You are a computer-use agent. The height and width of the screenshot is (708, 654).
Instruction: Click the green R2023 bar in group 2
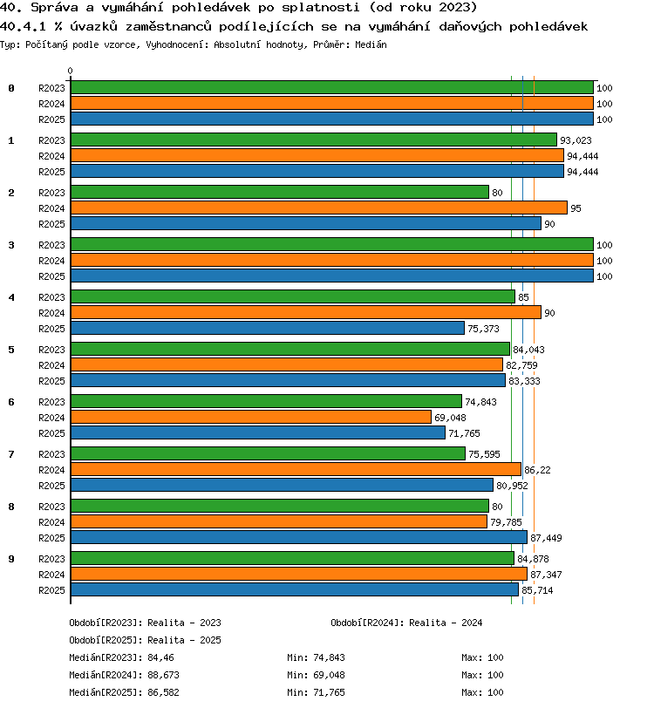(280, 192)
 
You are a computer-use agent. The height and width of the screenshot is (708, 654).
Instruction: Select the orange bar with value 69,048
(251, 417)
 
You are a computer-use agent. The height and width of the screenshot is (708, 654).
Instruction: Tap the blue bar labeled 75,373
(268, 328)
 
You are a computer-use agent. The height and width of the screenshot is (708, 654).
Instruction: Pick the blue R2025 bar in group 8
(299, 537)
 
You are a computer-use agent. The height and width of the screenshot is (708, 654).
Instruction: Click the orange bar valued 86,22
(296, 469)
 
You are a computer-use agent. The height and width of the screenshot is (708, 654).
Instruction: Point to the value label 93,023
(576, 140)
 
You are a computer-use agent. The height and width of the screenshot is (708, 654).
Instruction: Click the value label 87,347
(546, 575)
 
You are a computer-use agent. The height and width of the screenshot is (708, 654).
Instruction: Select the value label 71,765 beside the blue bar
(464, 433)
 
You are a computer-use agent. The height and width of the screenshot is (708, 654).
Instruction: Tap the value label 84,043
(529, 350)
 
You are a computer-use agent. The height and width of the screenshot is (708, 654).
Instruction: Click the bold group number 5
(11, 350)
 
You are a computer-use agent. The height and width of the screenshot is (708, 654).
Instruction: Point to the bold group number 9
(11, 559)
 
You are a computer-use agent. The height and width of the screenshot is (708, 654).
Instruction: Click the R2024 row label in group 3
(51, 261)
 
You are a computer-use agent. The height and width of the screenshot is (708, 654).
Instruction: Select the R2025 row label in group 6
(51, 433)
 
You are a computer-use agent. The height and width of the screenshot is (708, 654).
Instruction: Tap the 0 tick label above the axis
(70, 71)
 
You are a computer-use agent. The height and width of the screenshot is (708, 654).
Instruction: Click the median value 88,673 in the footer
(164, 675)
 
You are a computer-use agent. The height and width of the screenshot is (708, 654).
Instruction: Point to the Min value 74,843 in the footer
(330, 657)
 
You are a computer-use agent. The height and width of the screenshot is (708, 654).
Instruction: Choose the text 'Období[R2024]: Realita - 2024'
(406, 623)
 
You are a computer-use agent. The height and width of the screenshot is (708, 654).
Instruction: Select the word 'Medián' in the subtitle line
(371, 44)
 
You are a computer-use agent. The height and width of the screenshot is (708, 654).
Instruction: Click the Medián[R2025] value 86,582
(164, 692)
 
